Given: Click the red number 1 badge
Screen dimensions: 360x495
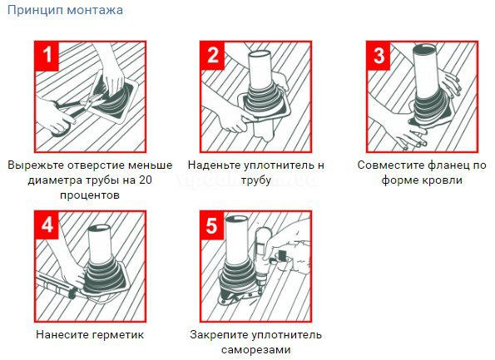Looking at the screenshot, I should coord(49,57).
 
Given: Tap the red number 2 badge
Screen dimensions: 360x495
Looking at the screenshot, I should coord(214,57).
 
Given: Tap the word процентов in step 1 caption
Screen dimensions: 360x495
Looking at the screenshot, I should coord(90,195).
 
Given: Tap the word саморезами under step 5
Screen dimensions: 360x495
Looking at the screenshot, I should coord(255,350).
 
